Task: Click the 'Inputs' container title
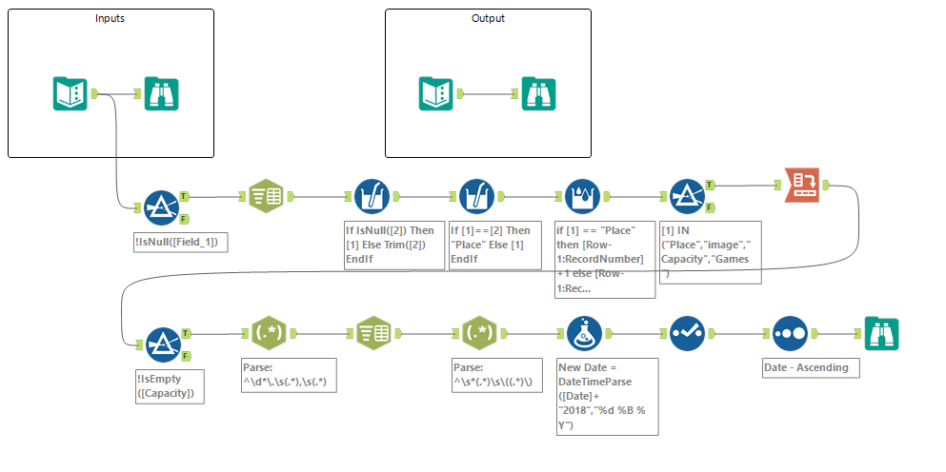point(110,19)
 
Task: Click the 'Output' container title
point(488,19)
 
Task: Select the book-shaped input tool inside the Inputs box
point(70,94)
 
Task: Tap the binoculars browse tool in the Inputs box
point(161,94)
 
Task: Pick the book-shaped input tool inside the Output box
point(438,94)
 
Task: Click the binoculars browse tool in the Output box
point(539,94)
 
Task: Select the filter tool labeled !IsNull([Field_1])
point(161,205)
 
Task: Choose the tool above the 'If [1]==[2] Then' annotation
point(476,196)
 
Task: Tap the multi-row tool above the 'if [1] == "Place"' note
point(583,196)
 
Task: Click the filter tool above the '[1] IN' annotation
point(687,196)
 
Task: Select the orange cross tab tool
point(801,184)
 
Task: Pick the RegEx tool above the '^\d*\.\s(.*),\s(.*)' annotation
point(266,333)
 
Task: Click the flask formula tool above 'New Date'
point(583,333)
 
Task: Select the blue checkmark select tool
point(687,333)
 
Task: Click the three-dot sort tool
point(790,333)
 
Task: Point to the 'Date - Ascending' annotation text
point(805,367)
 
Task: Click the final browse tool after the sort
point(881,333)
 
